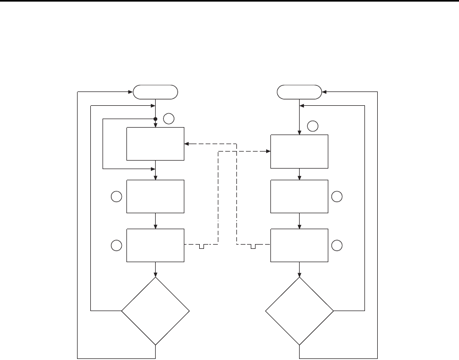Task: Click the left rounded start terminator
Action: click(155, 92)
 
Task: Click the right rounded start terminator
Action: click(300, 92)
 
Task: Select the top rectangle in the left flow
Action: click(155, 144)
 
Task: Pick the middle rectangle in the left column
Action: click(155, 196)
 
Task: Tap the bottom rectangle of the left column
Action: click(155, 245)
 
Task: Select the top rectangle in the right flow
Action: click(300, 152)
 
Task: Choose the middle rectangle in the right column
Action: click(300, 196)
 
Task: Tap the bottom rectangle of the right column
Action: click(300, 245)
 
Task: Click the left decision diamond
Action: click(155, 311)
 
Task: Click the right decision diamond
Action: click(300, 311)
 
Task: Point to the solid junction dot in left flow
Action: click(155, 119)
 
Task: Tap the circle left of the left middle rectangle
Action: click(116, 196)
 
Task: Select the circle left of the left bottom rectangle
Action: click(116, 245)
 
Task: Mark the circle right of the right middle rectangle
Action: click(337, 196)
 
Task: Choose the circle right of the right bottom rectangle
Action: click(337, 245)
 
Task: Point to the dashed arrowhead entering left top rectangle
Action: click(186, 144)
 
